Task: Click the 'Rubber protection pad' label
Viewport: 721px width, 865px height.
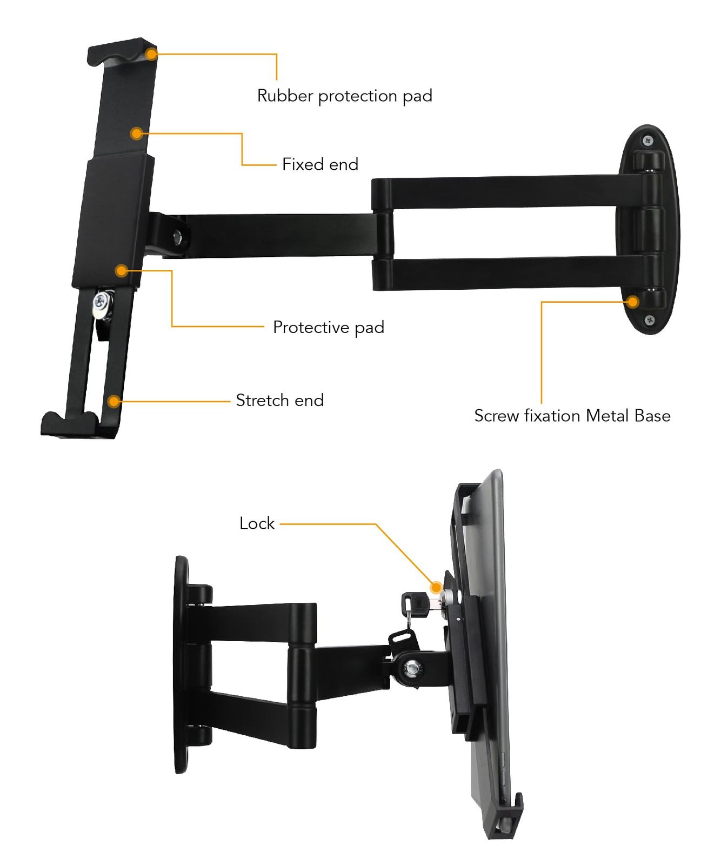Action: point(345,96)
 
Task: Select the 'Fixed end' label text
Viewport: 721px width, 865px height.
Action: point(320,164)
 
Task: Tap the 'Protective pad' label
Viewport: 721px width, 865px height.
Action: point(329,328)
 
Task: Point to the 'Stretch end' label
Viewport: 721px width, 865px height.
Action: point(280,401)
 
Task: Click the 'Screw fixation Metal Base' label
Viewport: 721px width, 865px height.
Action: point(572,416)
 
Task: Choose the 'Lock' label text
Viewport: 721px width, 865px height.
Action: point(257,523)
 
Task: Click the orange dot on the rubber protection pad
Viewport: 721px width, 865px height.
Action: point(152,54)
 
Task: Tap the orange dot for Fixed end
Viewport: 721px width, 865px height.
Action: point(137,133)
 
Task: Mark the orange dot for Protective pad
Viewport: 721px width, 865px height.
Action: point(122,270)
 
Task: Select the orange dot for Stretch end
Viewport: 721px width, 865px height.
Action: point(114,401)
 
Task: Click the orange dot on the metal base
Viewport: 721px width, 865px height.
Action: point(633,302)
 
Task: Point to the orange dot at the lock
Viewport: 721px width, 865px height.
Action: point(436,587)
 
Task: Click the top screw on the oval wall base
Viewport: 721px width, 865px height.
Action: point(648,141)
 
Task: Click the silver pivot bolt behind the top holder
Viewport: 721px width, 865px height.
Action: point(177,236)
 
